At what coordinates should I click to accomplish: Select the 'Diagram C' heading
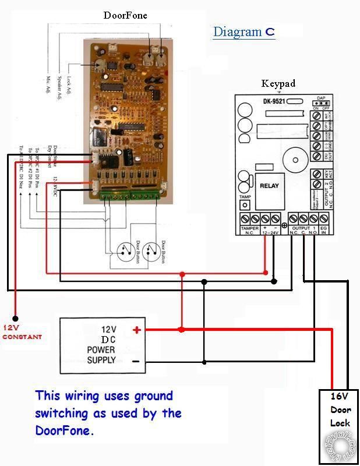pyautogui.click(x=243, y=31)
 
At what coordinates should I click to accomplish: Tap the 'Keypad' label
pyautogui.click(x=278, y=83)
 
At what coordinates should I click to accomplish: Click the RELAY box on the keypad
pyautogui.click(x=269, y=186)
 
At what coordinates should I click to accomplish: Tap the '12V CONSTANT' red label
pyautogui.click(x=22, y=333)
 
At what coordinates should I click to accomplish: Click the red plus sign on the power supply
pyautogui.click(x=137, y=330)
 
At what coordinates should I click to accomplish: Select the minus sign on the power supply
pyautogui.click(x=136, y=361)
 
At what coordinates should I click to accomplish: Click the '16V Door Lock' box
pyautogui.click(x=339, y=409)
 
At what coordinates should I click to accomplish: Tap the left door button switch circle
pyautogui.click(x=123, y=251)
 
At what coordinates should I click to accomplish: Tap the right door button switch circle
pyautogui.click(x=151, y=251)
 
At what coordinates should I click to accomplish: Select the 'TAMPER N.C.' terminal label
pyautogui.click(x=250, y=231)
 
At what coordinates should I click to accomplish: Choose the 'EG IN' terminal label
pyautogui.click(x=324, y=231)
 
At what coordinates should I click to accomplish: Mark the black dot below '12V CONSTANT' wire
pyautogui.click(x=16, y=319)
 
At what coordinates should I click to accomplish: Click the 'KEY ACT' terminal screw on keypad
pyautogui.click(x=317, y=175)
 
